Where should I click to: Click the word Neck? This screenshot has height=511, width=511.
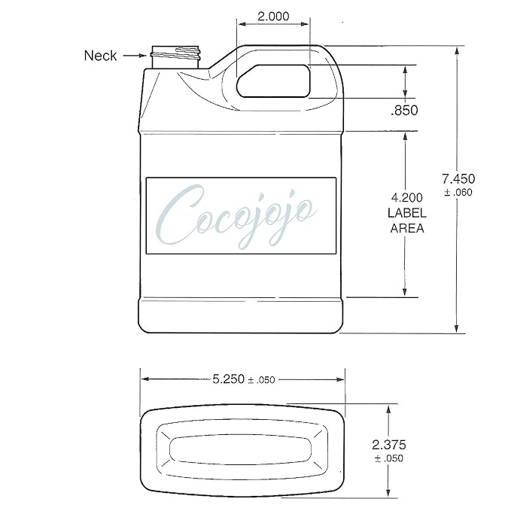(x=100, y=56)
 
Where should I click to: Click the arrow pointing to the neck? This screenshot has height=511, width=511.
(x=135, y=56)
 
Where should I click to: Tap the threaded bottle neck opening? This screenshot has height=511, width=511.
(x=175, y=57)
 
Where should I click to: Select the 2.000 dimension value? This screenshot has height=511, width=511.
(x=273, y=16)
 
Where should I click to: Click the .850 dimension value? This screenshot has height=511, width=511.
(x=404, y=110)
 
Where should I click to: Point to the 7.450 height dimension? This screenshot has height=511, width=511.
(x=458, y=178)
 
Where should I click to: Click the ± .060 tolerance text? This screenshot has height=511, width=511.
(x=458, y=192)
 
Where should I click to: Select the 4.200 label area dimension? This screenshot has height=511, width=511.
(x=406, y=197)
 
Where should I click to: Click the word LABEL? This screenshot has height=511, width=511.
(x=406, y=213)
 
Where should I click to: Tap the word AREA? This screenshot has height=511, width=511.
(x=407, y=228)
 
